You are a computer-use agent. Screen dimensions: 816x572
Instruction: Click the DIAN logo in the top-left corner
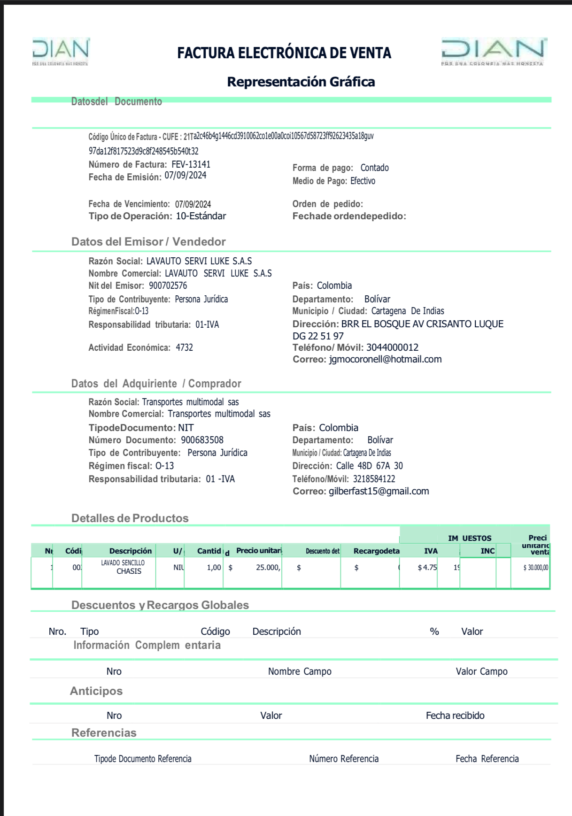(x=61, y=51)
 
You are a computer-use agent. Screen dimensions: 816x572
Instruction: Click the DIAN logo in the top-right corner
(x=493, y=51)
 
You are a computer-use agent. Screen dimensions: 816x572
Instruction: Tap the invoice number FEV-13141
(x=191, y=164)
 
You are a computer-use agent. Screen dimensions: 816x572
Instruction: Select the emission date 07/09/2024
(x=186, y=176)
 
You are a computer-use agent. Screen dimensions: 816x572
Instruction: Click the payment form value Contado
(x=374, y=168)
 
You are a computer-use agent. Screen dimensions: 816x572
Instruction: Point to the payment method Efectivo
(x=363, y=181)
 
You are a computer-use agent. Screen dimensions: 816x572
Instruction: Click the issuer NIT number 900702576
(x=168, y=285)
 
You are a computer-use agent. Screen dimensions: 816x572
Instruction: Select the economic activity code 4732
(x=184, y=347)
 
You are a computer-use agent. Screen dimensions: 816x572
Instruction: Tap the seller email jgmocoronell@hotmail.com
(x=385, y=359)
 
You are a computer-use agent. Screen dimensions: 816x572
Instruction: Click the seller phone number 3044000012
(x=392, y=347)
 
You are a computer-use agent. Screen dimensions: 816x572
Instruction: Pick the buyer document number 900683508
(x=202, y=440)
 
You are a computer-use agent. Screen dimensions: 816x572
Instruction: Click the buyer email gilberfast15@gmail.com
(x=379, y=491)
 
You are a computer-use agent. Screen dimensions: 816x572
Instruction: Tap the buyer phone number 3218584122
(x=374, y=479)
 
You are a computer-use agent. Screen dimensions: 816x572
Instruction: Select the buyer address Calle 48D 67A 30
(x=369, y=466)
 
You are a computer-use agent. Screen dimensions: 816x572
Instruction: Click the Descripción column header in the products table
(x=131, y=551)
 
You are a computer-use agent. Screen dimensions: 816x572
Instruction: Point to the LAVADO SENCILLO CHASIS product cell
(x=123, y=567)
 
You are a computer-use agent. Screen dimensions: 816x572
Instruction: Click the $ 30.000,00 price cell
(x=535, y=568)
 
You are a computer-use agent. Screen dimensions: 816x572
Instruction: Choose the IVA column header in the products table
(x=431, y=551)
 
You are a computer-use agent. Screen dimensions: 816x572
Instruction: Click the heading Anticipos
(x=96, y=691)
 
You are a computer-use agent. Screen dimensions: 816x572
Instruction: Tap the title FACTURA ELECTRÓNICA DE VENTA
(x=284, y=53)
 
